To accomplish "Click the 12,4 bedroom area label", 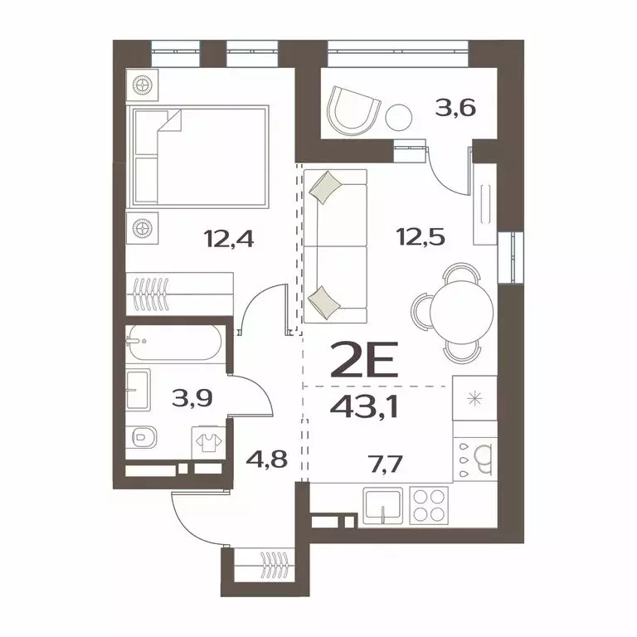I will pos(228,240).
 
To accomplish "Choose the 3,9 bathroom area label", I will pos(191,398).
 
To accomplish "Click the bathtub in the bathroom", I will pos(174,343).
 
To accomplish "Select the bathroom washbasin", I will pos(139,391).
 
